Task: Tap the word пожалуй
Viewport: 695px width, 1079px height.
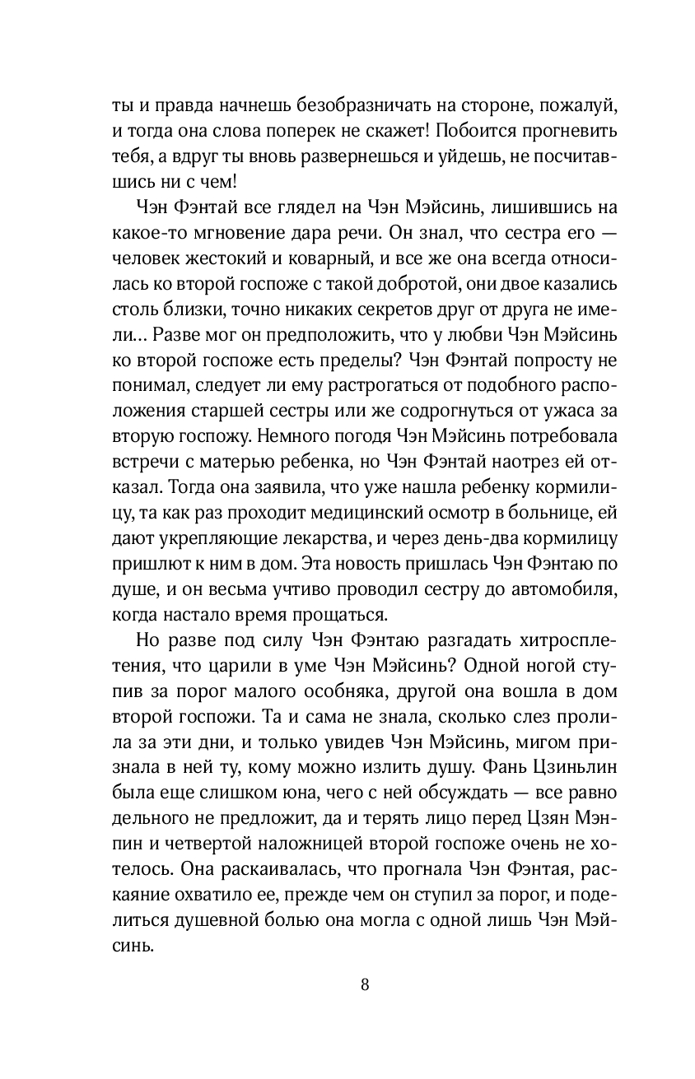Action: click(x=587, y=106)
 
